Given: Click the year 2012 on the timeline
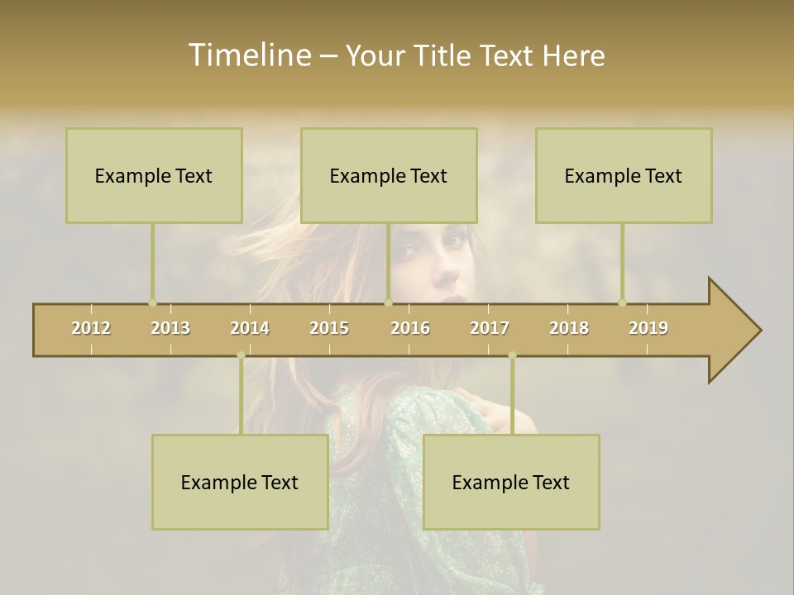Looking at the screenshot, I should click(x=91, y=328).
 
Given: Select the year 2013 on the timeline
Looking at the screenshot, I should click(x=170, y=328).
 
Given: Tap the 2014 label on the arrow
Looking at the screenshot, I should click(x=250, y=328).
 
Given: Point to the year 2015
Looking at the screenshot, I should click(x=329, y=328).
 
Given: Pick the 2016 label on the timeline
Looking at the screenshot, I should click(x=410, y=328).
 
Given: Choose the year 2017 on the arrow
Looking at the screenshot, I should click(x=490, y=328).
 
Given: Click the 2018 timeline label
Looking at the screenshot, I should click(x=569, y=328).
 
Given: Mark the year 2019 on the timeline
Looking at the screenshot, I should click(x=648, y=328).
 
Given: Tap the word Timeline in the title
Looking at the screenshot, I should click(x=248, y=55).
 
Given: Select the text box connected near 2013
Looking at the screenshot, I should click(x=154, y=175).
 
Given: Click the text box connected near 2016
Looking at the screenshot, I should click(x=389, y=175).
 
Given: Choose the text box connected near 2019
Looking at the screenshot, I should click(x=624, y=175).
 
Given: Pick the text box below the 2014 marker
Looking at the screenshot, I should click(x=240, y=482).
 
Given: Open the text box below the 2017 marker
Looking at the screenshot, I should click(x=511, y=482).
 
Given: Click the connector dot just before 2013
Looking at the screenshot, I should click(x=152, y=302).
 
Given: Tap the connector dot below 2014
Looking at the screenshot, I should click(x=241, y=355).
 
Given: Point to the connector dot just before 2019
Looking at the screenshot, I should click(x=623, y=302).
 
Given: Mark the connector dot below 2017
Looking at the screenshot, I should click(x=512, y=355).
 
